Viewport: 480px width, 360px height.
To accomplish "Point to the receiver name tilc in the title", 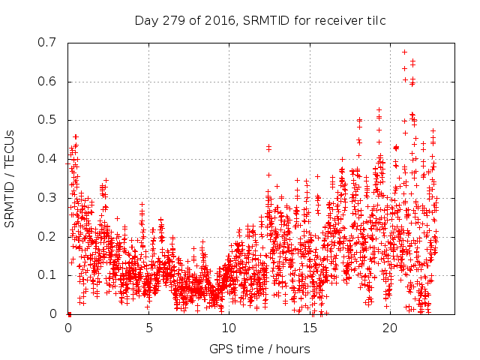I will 375,20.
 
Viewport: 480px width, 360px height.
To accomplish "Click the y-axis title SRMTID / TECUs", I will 10,178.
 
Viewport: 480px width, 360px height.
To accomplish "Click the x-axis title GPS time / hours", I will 259,349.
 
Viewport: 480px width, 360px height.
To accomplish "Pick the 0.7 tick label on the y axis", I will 47,43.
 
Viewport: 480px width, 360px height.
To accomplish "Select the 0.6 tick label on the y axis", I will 47,82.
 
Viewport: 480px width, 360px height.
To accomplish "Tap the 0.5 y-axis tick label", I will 47,120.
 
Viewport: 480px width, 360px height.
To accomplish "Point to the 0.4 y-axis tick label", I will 47,159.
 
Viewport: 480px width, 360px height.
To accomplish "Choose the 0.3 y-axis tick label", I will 47,198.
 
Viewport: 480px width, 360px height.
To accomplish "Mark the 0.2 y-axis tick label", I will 47,236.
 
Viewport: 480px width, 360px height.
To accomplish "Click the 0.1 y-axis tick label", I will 47,275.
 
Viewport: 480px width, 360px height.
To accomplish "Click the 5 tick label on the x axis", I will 148,328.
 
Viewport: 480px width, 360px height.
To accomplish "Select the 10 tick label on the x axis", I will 229,328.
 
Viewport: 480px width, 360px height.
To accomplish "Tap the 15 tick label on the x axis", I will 310,328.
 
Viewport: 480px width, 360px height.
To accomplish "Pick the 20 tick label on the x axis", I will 390,328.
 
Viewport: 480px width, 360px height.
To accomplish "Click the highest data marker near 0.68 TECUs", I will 405,52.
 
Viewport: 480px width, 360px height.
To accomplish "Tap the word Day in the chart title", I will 145,20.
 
